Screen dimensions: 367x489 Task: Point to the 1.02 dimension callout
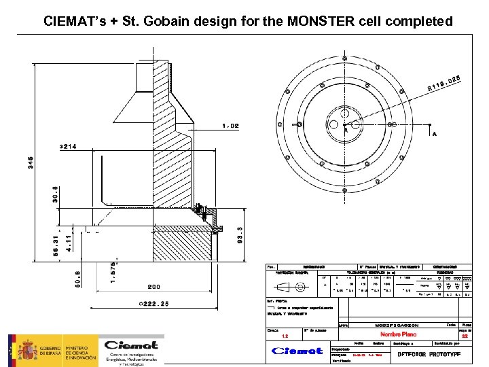tap(231, 126)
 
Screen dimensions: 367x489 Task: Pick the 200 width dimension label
tap(156, 287)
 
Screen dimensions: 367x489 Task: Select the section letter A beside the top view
tap(434, 134)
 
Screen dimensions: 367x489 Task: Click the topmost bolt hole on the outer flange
tap(346, 59)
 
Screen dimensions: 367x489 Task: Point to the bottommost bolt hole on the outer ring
tap(346, 192)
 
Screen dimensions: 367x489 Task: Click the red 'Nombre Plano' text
tap(399, 334)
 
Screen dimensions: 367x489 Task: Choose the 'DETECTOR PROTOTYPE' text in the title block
tap(431, 355)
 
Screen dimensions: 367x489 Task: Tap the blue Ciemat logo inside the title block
tap(297, 351)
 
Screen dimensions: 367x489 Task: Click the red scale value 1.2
tap(285, 336)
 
